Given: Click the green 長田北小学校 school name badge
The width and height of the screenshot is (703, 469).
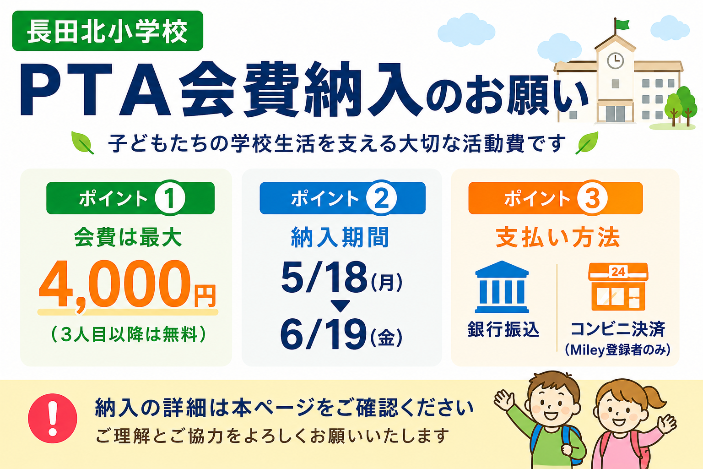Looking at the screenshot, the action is click(x=108, y=31).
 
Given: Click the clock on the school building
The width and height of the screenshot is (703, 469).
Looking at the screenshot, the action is click(x=616, y=60).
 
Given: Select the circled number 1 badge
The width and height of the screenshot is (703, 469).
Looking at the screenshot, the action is click(x=170, y=198).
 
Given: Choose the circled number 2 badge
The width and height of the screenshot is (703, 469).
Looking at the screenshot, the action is click(x=381, y=198).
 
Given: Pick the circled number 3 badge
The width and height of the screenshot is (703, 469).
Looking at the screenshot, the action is click(x=592, y=198).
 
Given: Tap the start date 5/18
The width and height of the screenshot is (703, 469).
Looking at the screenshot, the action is click(x=324, y=277).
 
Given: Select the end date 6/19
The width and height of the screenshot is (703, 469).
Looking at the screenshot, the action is click(x=324, y=333).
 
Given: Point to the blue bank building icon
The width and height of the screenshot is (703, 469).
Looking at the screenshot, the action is click(x=502, y=287).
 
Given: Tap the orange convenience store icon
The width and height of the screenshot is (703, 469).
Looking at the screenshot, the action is click(x=618, y=287).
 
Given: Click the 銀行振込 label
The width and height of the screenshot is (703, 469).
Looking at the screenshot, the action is click(x=503, y=330).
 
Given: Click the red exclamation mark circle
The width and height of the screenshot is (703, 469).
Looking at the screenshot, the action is click(x=53, y=418).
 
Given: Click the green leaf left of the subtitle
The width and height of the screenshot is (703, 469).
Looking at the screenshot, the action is click(x=82, y=143).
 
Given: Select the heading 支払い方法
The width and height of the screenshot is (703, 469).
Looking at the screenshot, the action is click(x=558, y=238).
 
